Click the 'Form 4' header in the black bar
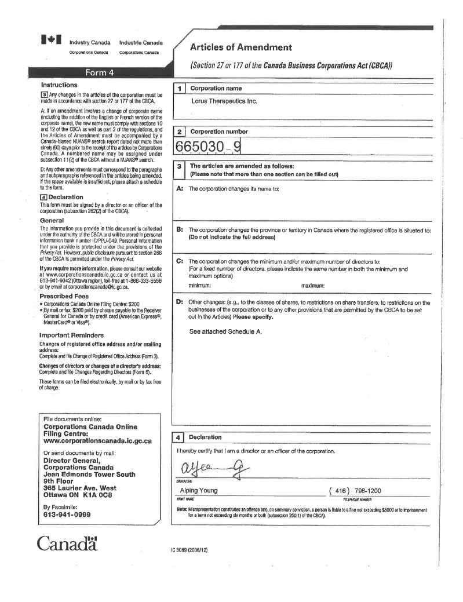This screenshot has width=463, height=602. tap(100, 72)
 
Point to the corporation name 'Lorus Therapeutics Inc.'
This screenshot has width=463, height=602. tap(224, 101)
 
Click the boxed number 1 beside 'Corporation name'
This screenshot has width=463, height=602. tap(180, 88)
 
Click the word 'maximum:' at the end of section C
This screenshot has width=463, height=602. tap(313, 286)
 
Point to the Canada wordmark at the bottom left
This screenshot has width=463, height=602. tap(67, 543)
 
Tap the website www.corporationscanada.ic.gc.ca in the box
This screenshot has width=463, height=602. tap(97, 440)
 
